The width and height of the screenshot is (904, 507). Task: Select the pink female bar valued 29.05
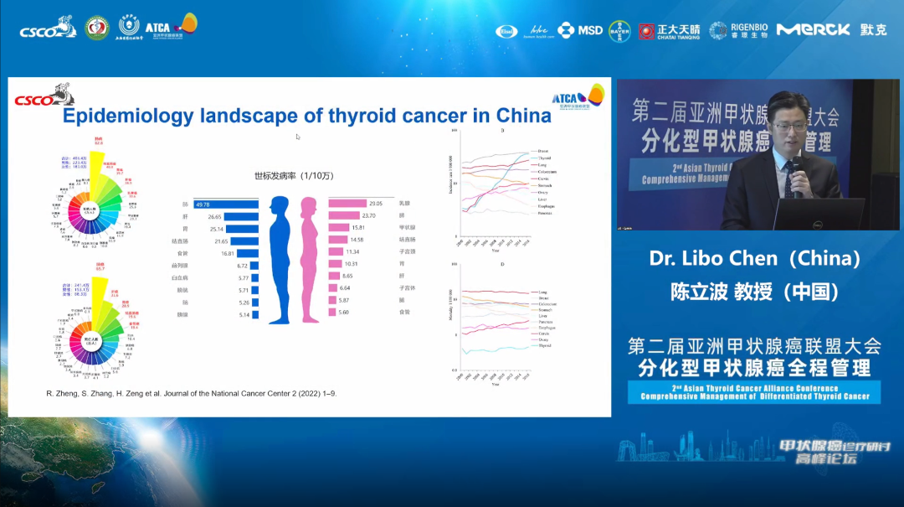(347, 204)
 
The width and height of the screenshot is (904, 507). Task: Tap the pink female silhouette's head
(308, 205)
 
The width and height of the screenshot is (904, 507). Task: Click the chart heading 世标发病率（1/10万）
(295, 176)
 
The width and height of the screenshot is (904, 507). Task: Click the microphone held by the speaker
(792, 172)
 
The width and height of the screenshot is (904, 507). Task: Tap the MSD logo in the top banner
(580, 30)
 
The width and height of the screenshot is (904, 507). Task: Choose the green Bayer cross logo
(619, 30)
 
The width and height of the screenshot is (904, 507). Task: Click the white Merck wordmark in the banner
(814, 30)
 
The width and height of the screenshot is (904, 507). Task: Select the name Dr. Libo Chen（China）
(755, 259)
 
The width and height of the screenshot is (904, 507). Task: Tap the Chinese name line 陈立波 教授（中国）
(755, 291)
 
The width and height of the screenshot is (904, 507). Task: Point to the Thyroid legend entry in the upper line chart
(544, 158)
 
